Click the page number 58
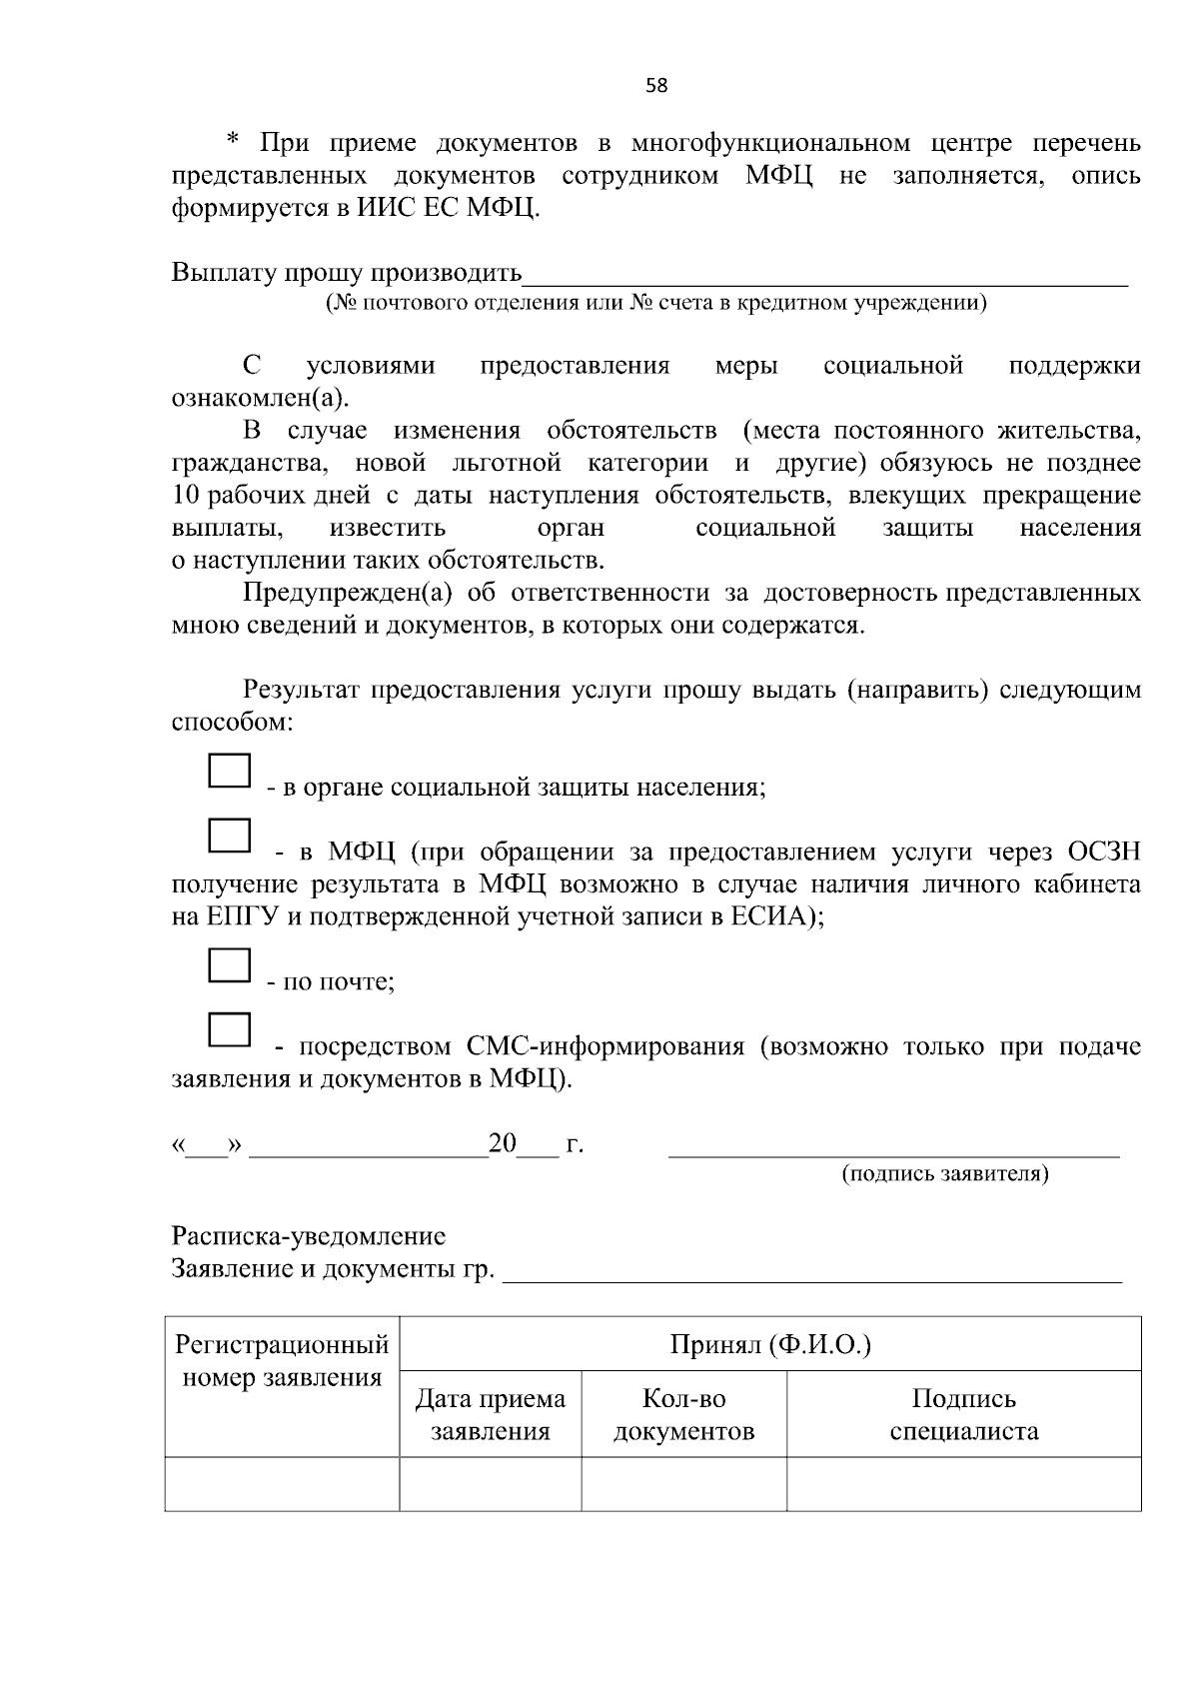[656, 86]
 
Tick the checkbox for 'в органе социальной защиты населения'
[229, 772]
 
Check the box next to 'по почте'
[229, 965]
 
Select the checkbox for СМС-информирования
[229, 1030]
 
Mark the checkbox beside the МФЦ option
[229, 836]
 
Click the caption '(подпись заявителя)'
[944, 1173]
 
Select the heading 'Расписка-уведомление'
[309, 1237]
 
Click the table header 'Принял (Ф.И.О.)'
[770, 1345]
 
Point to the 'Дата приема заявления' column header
[490, 1414]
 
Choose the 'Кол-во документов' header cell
[683, 1414]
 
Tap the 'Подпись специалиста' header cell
[963, 1414]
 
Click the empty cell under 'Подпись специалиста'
[963, 1484]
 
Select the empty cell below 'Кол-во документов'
[683, 1484]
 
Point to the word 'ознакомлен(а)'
[261, 399]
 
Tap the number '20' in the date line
[502, 1144]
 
